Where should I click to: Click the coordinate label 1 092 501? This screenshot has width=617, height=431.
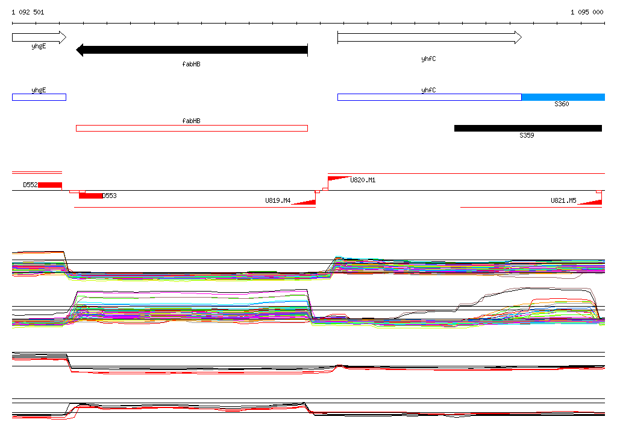point(28,12)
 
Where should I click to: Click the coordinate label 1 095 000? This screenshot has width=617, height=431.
point(587,12)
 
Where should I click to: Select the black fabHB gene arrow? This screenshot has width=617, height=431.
point(192,50)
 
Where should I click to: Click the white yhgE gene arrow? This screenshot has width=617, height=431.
point(39,37)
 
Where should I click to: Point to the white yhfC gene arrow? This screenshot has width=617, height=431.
point(429,37)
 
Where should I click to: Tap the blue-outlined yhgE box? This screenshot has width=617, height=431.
point(39,97)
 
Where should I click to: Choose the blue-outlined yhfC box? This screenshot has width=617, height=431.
point(429,97)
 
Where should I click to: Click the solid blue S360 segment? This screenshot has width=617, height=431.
point(563,97)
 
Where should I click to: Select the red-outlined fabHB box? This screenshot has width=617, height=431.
point(192,128)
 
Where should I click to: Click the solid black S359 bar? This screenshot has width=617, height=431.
point(528,128)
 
